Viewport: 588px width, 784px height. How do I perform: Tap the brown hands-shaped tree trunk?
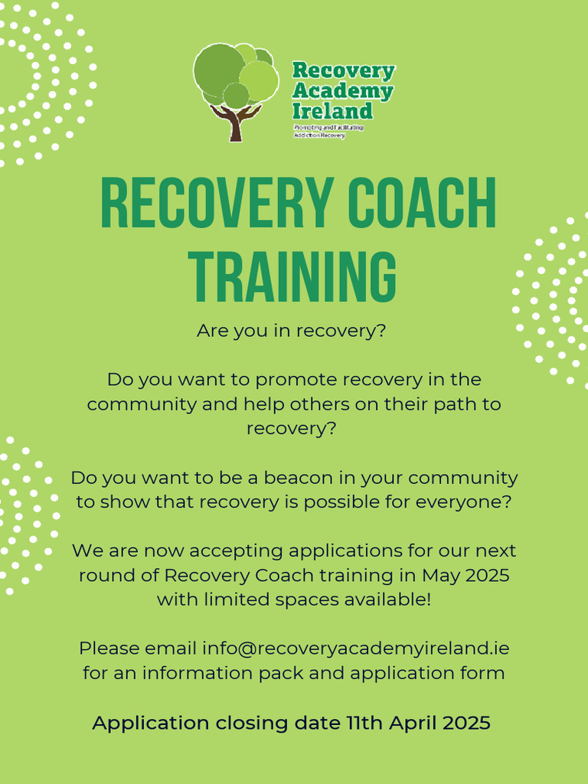(235, 122)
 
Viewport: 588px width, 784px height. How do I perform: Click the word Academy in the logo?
(342, 91)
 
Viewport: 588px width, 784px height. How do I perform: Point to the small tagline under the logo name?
(328, 131)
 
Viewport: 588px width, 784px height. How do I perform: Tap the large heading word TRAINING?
(293, 275)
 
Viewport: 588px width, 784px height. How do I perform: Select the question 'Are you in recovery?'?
(292, 332)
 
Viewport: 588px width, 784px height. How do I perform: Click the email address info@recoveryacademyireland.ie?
(355, 648)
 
